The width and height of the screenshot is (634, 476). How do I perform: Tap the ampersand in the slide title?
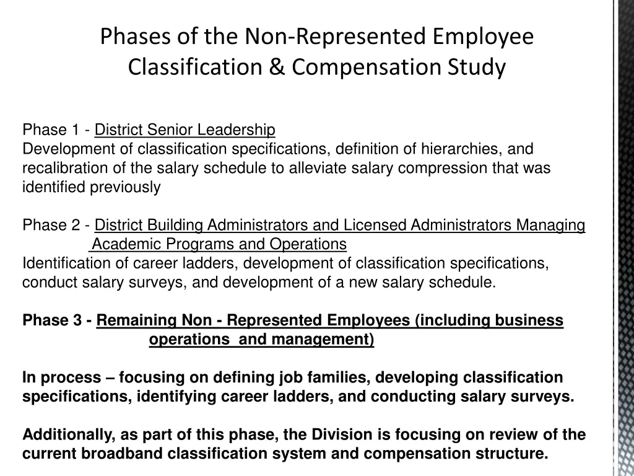pos(280,66)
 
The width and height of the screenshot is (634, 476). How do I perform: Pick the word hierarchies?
pos(463,149)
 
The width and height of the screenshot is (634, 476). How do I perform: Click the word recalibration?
pos(60,169)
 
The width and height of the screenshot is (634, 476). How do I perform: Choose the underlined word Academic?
pos(124,244)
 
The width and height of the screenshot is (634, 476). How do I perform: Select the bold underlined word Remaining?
pos(137,321)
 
